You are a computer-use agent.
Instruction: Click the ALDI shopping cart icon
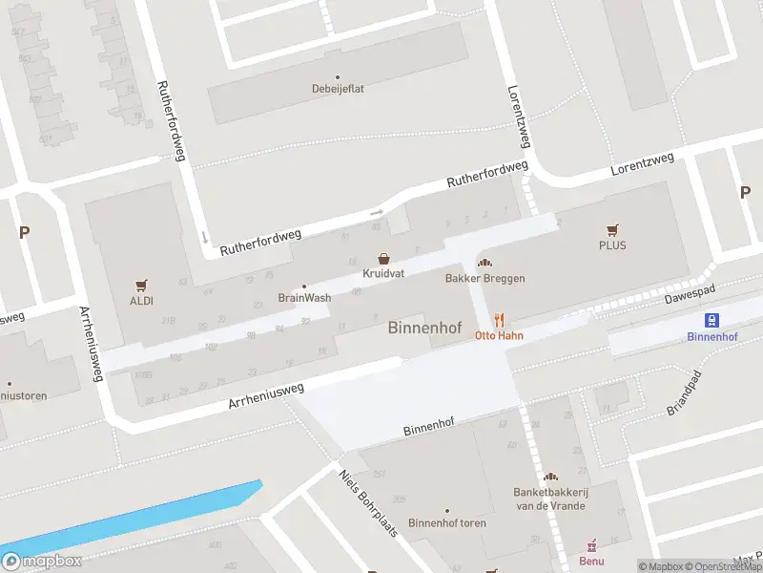click(142, 285)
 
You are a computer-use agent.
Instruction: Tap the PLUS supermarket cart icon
click(612, 230)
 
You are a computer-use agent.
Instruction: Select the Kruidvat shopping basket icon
click(383, 259)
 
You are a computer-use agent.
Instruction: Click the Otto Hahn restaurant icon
click(498, 321)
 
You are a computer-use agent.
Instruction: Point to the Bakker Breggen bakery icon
click(485, 264)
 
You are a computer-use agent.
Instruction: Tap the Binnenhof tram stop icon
click(711, 321)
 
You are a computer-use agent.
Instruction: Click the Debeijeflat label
click(337, 91)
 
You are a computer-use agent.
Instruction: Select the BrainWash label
click(304, 297)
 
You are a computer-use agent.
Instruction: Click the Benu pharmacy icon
click(591, 545)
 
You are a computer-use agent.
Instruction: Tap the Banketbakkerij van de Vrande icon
click(548, 477)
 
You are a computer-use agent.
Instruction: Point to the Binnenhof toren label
click(446, 522)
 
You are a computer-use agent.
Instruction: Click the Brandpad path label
click(684, 393)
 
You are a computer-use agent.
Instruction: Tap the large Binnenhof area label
click(424, 329)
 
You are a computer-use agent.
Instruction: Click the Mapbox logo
click(41, 561)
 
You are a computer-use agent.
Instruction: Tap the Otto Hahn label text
click(500, 336)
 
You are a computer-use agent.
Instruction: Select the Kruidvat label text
click(383, 273)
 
